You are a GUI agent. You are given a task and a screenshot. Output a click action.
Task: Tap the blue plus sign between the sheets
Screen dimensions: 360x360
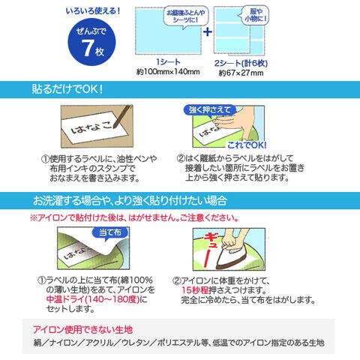tap(208, 31)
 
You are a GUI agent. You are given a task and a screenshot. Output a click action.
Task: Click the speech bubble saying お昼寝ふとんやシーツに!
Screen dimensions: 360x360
tap(186, 16)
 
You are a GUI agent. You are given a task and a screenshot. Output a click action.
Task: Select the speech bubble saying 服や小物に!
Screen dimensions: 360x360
tap(255, 15)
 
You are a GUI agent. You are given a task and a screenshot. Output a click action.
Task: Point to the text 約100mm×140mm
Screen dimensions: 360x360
tap(168, 72)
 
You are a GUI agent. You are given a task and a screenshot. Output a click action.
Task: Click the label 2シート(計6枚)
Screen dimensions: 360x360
tap(241, 63)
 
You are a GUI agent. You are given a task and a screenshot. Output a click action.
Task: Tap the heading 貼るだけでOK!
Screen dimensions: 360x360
tap(67, 89)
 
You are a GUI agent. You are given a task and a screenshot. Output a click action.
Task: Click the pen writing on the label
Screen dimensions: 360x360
tap(122, 116)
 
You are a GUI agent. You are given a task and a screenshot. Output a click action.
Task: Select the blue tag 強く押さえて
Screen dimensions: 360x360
tap(209, 109)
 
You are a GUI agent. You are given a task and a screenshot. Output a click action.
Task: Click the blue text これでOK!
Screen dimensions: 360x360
tap(247, 145)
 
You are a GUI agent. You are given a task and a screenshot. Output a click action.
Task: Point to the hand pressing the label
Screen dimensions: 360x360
tap(238, 122)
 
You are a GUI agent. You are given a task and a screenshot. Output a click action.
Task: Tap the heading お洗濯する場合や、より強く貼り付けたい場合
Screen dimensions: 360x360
tap(130, 201)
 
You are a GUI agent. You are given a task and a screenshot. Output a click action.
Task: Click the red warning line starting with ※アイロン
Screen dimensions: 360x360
tap(134, 217)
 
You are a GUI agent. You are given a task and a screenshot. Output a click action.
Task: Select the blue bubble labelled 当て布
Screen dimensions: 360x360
tap(110, 233)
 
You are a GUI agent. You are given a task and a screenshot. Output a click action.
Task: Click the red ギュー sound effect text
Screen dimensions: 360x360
tap(210, 249)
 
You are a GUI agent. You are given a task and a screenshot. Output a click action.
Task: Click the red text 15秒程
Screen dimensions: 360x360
tap(195, 290)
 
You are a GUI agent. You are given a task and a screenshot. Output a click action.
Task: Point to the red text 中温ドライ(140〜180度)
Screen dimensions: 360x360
tap(93, 299)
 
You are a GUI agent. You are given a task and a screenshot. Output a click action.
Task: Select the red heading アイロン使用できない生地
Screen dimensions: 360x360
tap(82, 330)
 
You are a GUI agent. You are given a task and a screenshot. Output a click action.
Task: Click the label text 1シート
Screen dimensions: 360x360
tap(168, 62)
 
